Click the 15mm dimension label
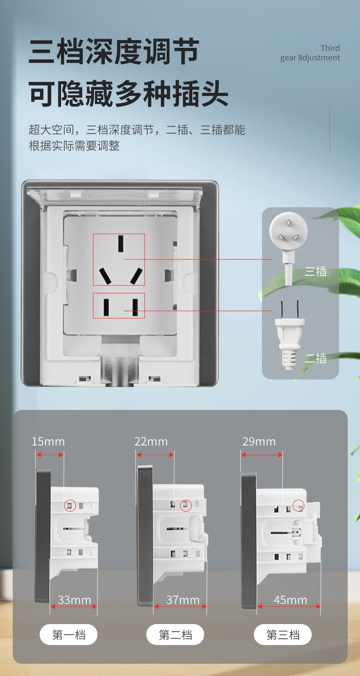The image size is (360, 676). point(48,441)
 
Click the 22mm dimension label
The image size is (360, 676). point(151,441)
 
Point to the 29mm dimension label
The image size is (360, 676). point(259,441)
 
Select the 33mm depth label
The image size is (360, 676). point(74,600)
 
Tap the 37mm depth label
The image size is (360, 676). point(183,600)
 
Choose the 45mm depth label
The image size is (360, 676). point(290,600)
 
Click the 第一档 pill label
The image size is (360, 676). point(69,635)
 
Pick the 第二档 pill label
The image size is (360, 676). point(175,635)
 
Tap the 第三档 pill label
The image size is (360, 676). point(283,635)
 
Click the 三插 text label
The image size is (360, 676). point(316,272)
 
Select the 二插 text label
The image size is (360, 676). point(316,358)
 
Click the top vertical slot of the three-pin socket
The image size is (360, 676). point(121,244)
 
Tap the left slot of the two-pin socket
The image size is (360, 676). point(106,307)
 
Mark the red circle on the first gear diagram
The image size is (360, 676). point(70,505)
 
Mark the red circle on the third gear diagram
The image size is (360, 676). point(298,505)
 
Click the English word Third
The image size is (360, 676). point(330,48)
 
